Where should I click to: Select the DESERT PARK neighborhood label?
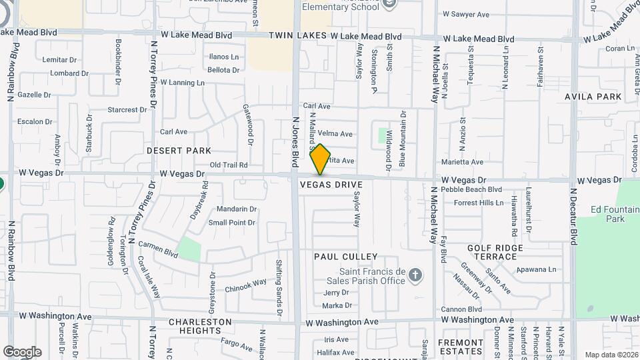179,151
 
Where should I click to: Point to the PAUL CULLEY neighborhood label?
346,257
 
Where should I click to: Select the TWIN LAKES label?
297,37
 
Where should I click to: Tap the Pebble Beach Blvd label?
471,189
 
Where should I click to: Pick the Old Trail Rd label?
229,165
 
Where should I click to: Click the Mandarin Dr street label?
232,209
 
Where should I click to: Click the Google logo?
22,352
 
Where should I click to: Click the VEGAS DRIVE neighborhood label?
331,184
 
